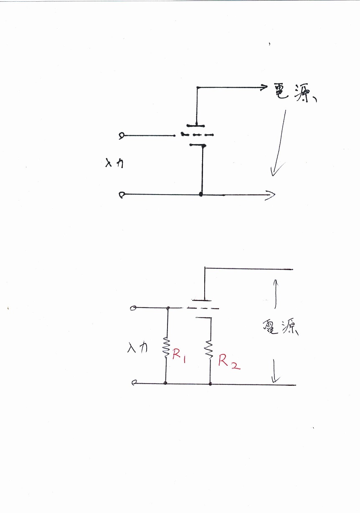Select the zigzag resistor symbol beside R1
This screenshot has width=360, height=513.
click(166, 347)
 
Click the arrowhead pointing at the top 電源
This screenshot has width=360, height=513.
click(263, 87)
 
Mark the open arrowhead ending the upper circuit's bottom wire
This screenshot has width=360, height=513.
click(271, 194)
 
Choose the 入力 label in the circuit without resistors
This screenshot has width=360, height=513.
click(113, 164)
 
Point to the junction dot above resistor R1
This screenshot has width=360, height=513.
click(168, 308)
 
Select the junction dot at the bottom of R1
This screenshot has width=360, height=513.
click(166, 383)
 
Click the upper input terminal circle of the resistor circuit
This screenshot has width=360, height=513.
click(133, 308)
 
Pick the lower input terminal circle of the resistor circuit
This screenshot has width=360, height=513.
click(133, 382)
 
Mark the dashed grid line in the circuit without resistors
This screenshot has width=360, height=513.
click(198, 135)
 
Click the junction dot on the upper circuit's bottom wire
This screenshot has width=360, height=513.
click(201, 195)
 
